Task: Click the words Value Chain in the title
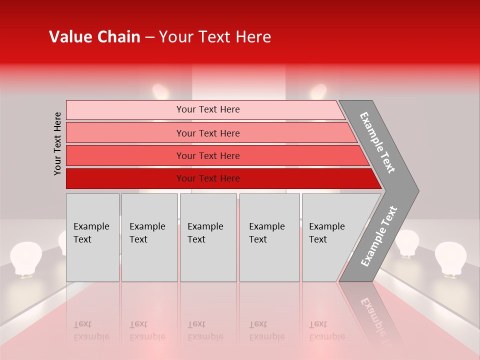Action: pyautogui.click(x=94, y=37)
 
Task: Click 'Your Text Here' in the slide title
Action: pyautogui.click(x=215, y=37)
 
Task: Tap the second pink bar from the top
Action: pyautogui.click(x=207, y=133)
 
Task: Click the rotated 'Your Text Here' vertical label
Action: pyautogui.click(x=57, y=143)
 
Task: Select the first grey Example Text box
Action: pyautogui.click(x=92, y=237)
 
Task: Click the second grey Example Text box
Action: pyautogui.click(x=149, y=237)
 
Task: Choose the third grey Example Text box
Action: pyautogui.click(x=208, y=237)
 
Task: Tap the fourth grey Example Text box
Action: pyautogui.click(x=269, y=237)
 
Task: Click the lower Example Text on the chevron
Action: pyautogui.click(x=378, y=236)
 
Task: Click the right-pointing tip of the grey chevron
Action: pyautogui.click(x=416, y=190)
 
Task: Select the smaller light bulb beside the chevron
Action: pyautogui.click(x=407, y=243)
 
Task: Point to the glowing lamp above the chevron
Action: pyautogui.click(x=318, y=92)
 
